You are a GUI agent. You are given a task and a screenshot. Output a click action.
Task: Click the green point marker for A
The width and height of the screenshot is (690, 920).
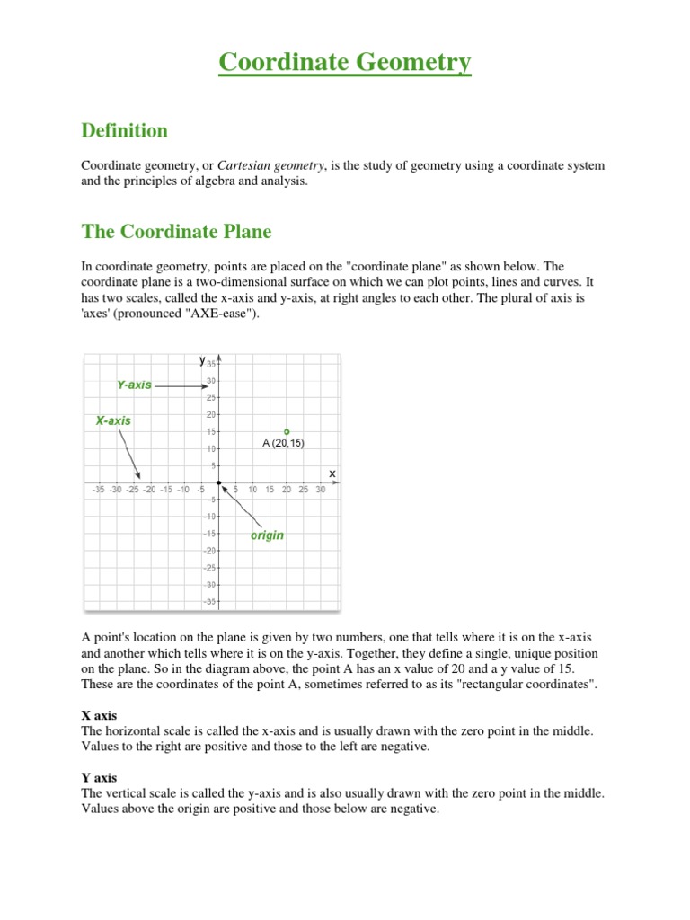click(x=287, y=431)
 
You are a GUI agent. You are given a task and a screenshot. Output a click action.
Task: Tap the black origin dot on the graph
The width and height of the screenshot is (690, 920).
click(x=219, y=482)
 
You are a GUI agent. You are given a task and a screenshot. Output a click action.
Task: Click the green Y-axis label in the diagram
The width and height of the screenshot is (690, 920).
click(x=134, y=385)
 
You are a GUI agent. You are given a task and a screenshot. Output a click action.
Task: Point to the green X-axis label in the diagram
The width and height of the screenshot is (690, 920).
click(x=113, y=420)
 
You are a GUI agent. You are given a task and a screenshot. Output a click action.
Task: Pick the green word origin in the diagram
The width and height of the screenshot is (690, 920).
click(x=267, y=535)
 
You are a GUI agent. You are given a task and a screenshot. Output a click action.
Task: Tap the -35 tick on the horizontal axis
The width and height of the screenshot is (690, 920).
click(x=99, y=490)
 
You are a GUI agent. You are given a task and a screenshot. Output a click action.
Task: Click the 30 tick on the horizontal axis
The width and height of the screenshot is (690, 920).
click(x=320, y=490)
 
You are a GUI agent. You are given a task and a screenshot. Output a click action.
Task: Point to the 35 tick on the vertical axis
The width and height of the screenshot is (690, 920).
click(x=210, y=364)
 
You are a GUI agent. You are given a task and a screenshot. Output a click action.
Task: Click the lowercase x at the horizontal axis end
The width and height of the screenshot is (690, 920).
click(x=332, y=473)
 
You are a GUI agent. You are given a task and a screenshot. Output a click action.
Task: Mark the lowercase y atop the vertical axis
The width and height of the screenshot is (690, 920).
click(x=202, y=360)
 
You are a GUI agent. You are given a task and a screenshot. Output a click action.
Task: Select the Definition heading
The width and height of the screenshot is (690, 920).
click(x=124, y=131)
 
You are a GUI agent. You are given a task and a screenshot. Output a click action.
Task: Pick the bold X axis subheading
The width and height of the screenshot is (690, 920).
click(x=99, y=716)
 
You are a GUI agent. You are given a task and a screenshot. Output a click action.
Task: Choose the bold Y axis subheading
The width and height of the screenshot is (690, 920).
click(x=99, y=777)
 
